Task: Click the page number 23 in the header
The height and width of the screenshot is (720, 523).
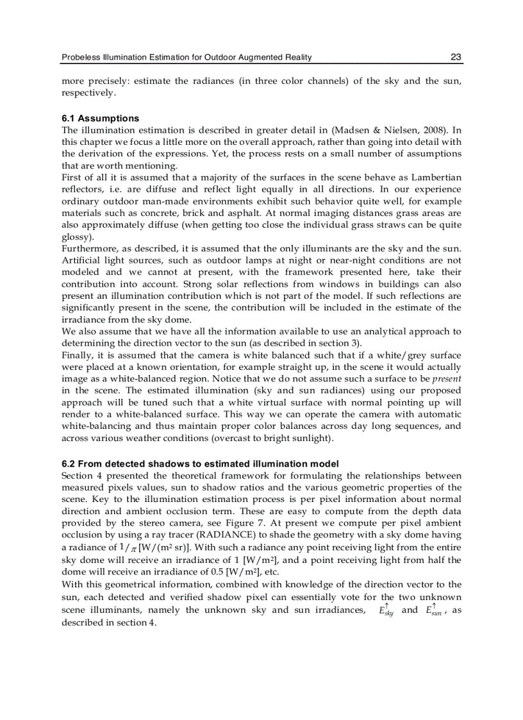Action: tap(456, 58)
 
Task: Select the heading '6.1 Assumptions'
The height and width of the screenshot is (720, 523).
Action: tap(100, 119)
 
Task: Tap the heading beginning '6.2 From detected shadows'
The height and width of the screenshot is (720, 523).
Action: tap(200, 464)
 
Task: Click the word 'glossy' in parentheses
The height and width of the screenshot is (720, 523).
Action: tap(76, 237)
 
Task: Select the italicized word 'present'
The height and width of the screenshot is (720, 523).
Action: tap(449, 379)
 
